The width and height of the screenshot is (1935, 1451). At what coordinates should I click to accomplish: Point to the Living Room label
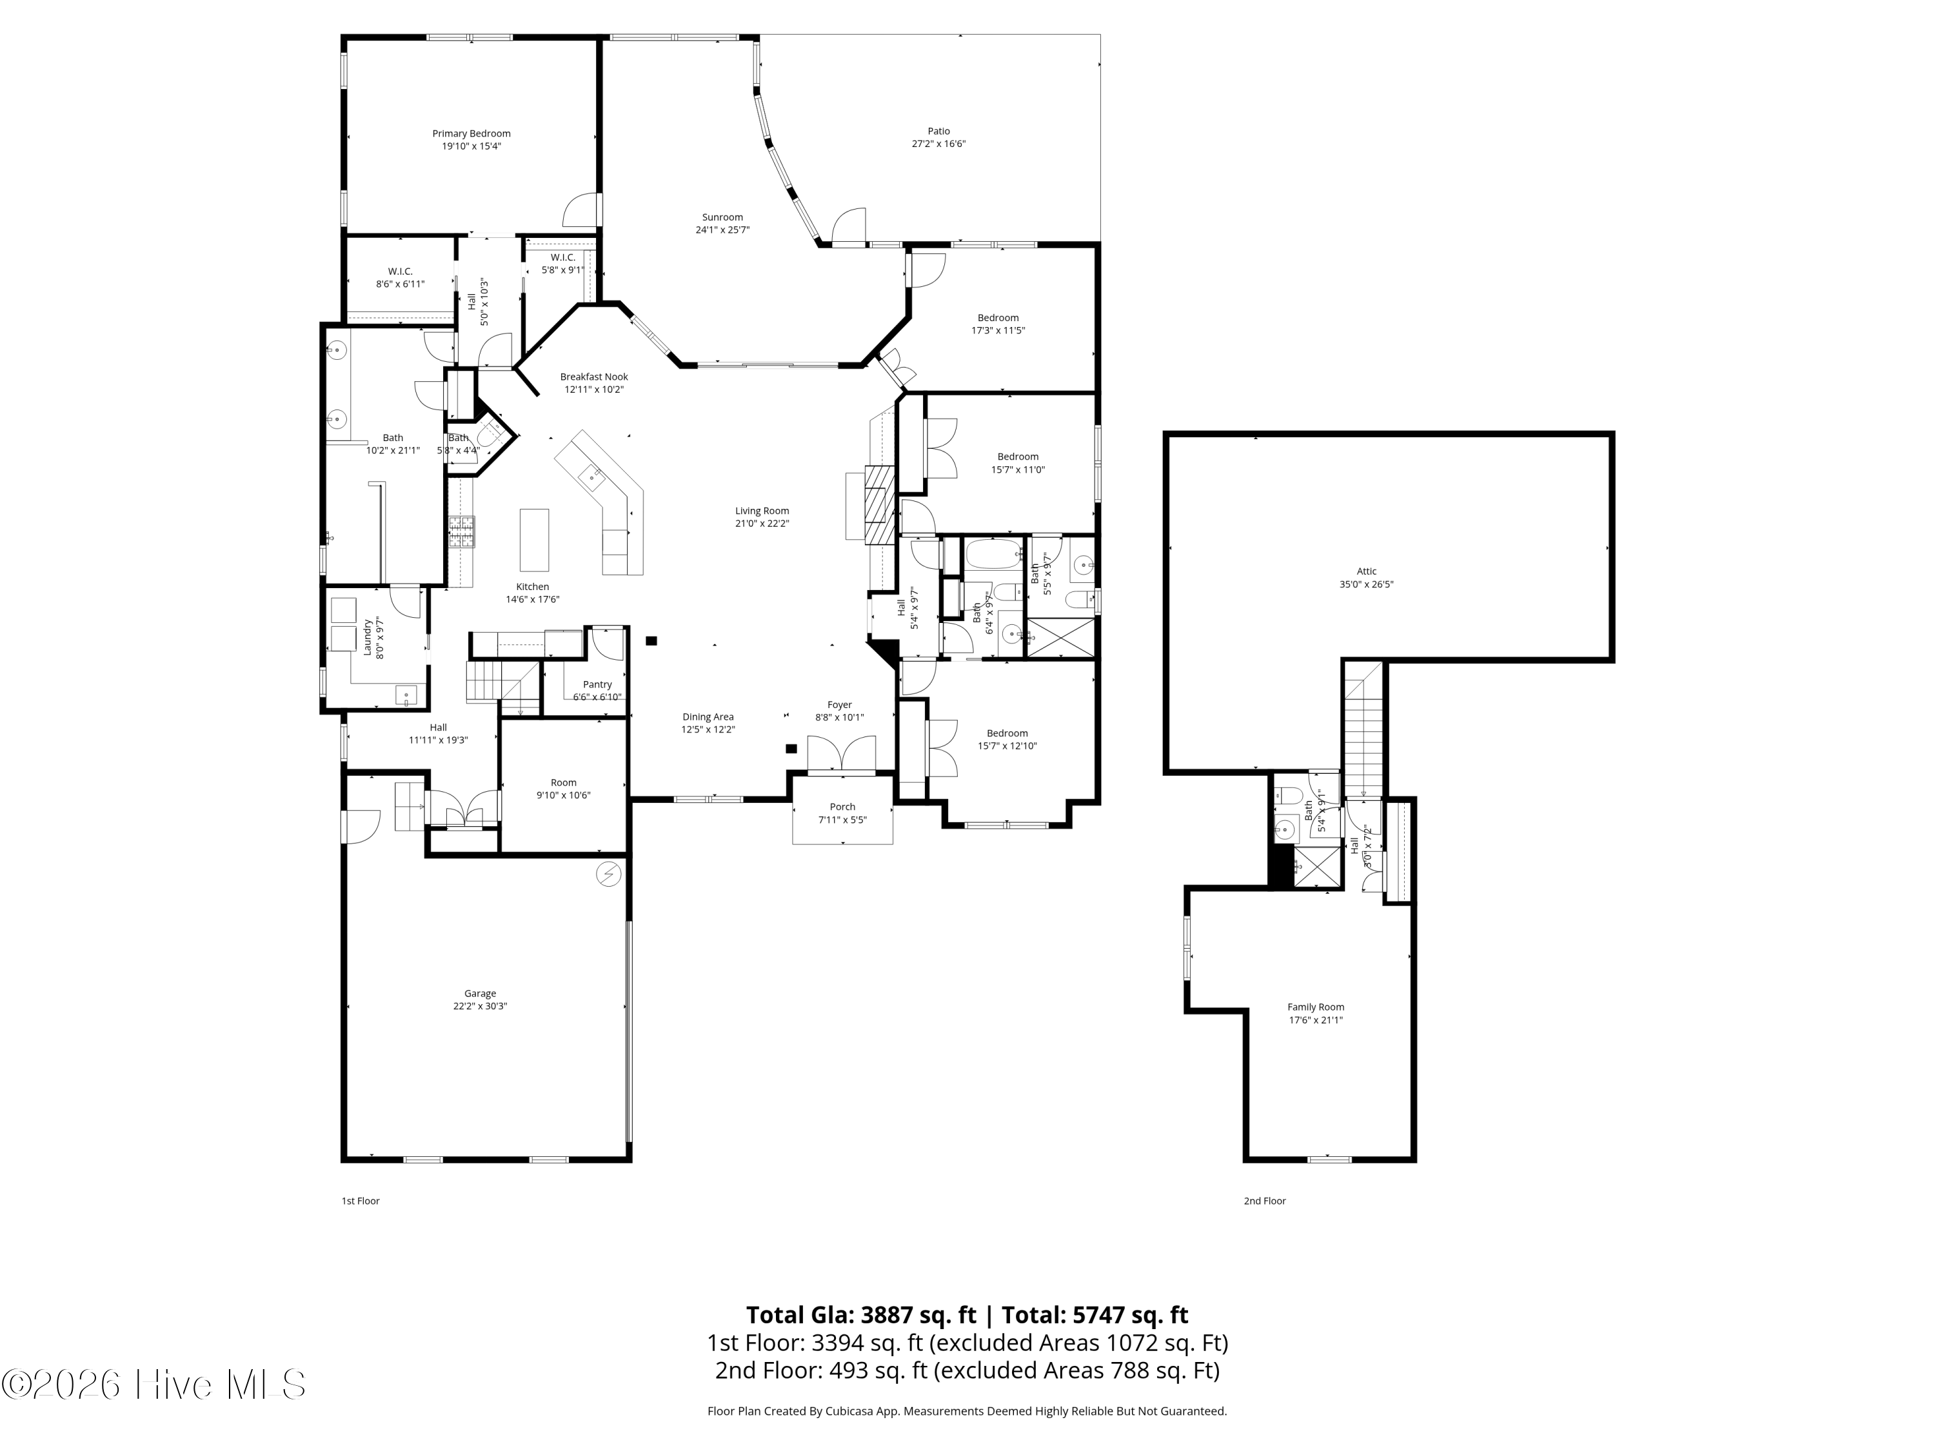[x=762, y=511]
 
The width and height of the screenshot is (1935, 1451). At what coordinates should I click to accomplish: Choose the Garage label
[x=481, y=994]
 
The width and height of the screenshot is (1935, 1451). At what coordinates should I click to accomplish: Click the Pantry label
[x=597, y=685]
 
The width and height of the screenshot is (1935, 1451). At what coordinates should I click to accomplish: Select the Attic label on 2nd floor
[x=1366, y=572]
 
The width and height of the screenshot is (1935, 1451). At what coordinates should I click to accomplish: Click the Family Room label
[x=1316, y=1007]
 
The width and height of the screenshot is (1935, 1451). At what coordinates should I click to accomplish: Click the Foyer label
[x=840, y=705]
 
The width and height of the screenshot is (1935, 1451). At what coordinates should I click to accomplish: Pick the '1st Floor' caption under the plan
[x=361, y=1201]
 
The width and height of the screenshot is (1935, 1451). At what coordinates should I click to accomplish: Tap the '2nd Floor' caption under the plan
[x=1265, y=1201]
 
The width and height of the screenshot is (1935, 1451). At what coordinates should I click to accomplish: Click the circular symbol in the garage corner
[x=609, y=874]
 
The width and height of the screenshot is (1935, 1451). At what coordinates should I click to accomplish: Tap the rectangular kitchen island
[x=535, y=540]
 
